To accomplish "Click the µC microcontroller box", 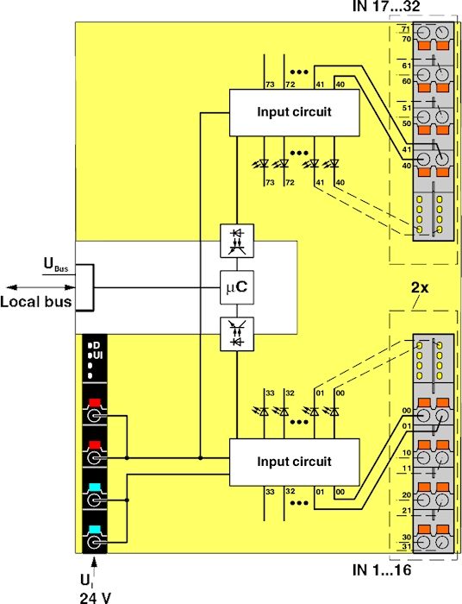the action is [237, 287].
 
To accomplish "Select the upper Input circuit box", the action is [294, 113].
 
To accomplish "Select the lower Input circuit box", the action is [294, 462].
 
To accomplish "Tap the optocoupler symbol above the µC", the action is [237, 241].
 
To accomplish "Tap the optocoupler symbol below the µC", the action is [237, 334].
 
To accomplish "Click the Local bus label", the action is [36, 301].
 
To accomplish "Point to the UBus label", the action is [56, 266].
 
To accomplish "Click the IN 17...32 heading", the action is [386, 6].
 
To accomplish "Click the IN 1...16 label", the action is [382, 570].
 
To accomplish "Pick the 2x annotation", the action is [420, 287].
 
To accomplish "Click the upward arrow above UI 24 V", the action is [94, 567].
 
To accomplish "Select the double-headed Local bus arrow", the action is [41, 287].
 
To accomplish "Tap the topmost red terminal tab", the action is [95, 403].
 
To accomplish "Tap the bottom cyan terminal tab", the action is [95, 529].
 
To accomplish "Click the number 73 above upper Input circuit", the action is [270, 85].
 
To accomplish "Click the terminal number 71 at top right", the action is [406, 29].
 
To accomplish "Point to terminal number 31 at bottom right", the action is [407, 546].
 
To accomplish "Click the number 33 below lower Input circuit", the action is [270, 492].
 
